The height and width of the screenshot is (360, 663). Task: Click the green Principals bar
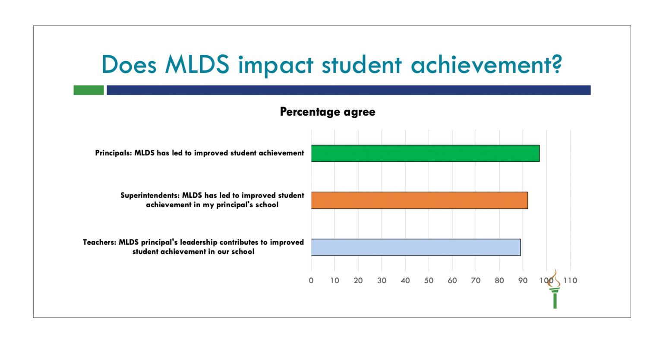pyautogui.click(x=425, y=153)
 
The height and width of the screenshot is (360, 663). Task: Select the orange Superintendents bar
pyautogui.click(x=420, y=200)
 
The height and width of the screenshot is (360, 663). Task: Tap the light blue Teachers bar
pyautogui.click(x=416, y=247)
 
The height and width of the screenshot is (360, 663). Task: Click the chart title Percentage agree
pyautogui.click(x=328, y=112)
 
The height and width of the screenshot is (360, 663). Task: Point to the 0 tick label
pyautogui.click(x=311, y=281)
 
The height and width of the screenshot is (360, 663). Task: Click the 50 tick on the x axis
pyautogui.click(x=429, y=281)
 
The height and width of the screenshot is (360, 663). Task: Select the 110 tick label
pyautogui.click(x=570, y=281)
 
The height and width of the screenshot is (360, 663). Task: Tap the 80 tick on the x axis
pyautogui.click(x=499, y=281)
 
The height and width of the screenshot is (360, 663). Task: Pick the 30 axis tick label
pyautogui.click(x=382, y=281)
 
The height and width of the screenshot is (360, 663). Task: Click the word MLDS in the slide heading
pyautogui.click(x=197, y=64)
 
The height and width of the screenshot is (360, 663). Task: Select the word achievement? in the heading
pyautogui.click(x=486, y=64)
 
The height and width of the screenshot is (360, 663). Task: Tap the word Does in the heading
pyautogui.click(x=129, y=64)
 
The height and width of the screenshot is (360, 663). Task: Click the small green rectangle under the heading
pyautogui.click(x=88, y=90)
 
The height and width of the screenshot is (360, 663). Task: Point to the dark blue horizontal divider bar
pyautogui.click(x=349, y=90)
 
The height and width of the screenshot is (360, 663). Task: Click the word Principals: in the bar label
pyautogui.click(x=114, y=153)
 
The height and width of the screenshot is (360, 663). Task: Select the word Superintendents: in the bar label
pyautogui.click(x=150, y=196)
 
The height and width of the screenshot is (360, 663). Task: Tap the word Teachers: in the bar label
pyautogui.click(x=99, y=242)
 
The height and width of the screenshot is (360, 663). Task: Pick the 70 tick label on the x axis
pyautogui.click(x=476, y=281)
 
